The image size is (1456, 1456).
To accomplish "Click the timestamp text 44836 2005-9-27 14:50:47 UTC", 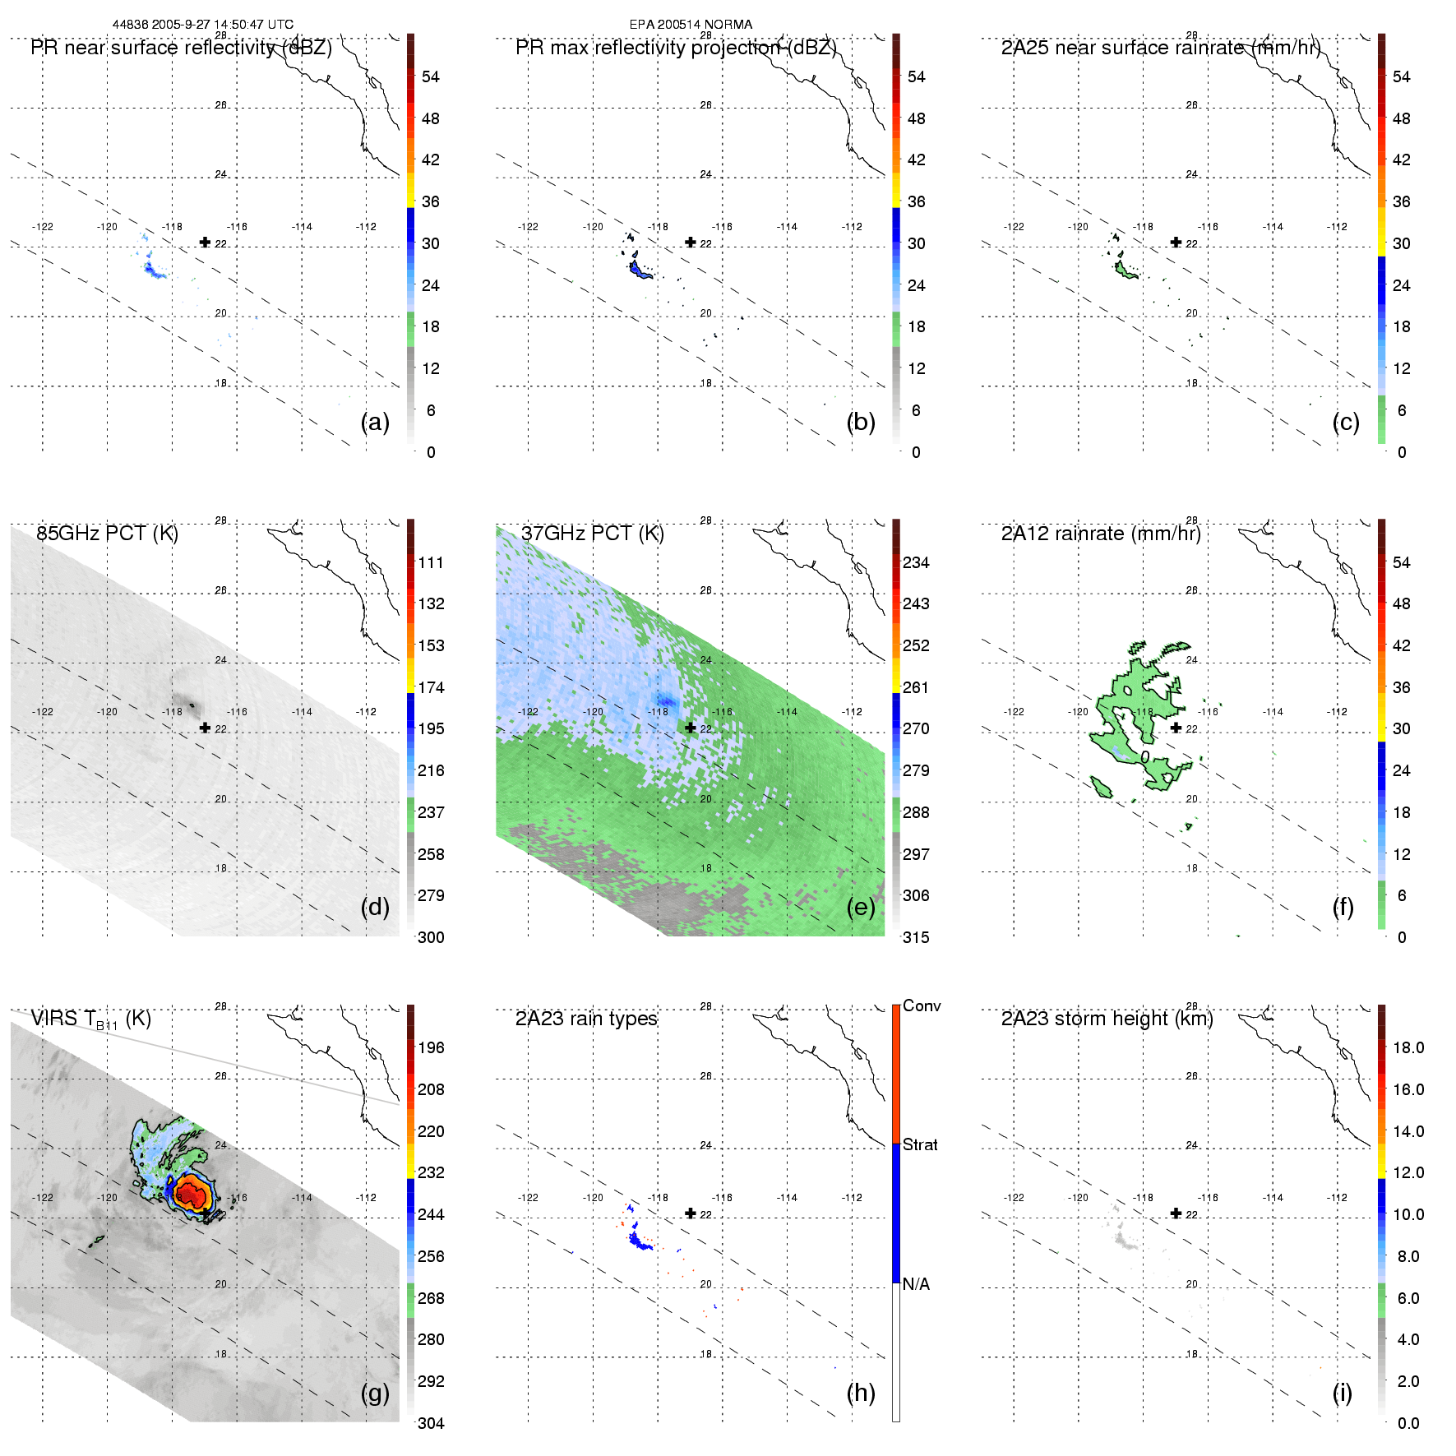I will pyautogui.click(x=202, y=25).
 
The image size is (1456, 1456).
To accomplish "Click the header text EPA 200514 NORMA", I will pyautogui.click(x=691, y=25).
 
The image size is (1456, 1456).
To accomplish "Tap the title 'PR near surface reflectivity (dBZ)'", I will pyautogui.click(x=181, y=48).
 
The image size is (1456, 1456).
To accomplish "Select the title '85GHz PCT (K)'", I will pyautogui.click(x=107, y=534).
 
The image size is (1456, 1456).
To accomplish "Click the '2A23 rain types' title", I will pyautogui.click(x=586, y=1019).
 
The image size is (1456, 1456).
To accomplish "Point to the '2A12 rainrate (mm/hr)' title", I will pyautogui.click(x=1101, y=534).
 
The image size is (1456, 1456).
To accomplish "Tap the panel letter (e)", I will pyautogui.click(x=861, y=907).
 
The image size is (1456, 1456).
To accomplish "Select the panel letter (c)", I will pyautogui.click(x=1346, y=422).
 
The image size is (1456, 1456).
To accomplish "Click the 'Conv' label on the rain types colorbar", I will pyautogui.click(x=922, y=1005).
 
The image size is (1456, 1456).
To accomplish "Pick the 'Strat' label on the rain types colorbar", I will pyautogui.click(x=920, y=1144).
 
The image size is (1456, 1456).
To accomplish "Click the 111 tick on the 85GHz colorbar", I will pyautogui.click(x=431, y=562).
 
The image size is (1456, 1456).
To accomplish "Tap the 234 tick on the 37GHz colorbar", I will pyautogui.click(x=916, y=562).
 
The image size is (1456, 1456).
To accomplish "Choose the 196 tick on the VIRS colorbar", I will pyautogui.click(x=431, y=1047).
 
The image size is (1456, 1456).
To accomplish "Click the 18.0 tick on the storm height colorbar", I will pyautogui.click(x=1408, y=1047).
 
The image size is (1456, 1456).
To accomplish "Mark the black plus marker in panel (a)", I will pyautogui.click(x=205, y=242).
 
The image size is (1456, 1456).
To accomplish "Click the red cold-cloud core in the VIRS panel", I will pyautogui.click(x=192, y=1190).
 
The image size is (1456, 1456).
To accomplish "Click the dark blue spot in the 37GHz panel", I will pyautogui.click(x=666, y=701).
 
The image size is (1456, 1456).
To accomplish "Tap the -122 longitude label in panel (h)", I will pyautogui.click(x=528, y=1198).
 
